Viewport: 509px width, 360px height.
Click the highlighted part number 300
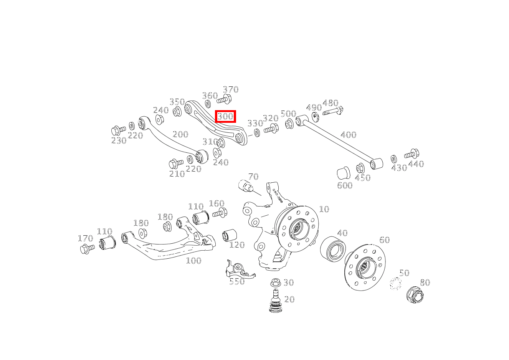[225, 116]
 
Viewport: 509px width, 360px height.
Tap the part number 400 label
[348, 135]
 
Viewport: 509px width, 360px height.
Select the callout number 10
[324, 209]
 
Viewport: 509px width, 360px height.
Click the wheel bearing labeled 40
[333, 248]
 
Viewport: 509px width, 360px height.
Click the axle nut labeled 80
[415, 295]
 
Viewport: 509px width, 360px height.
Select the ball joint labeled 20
[275, 301]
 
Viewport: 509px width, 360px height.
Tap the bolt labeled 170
[87, 249]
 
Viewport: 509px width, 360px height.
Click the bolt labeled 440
[411, 154]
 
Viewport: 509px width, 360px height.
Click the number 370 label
[231, 90]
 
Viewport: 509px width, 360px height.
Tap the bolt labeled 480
[332, 112]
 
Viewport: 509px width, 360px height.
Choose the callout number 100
[193, 261]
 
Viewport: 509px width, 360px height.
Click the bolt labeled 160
[220, 213]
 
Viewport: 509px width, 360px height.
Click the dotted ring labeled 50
[395, 284]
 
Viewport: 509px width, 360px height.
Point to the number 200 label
[180, 134]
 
